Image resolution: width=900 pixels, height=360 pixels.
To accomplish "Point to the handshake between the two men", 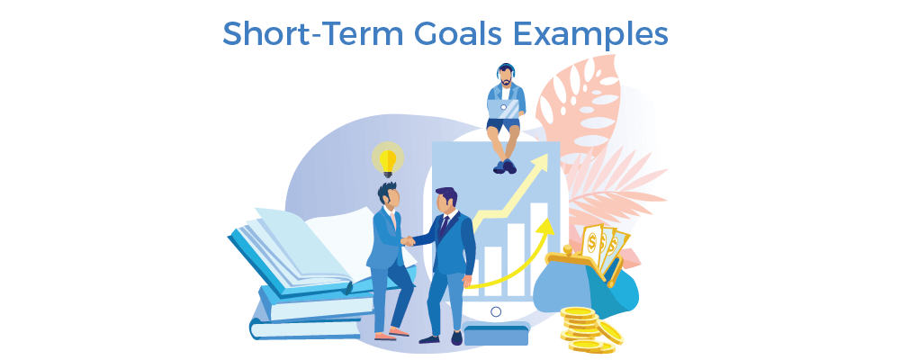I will click(409, 240).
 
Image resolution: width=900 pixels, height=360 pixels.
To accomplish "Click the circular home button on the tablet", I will click(495, 311).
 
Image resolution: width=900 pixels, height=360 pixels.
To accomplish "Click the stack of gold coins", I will click(586, 328).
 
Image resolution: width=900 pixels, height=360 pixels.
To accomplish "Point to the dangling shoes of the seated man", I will click(504, 166).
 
